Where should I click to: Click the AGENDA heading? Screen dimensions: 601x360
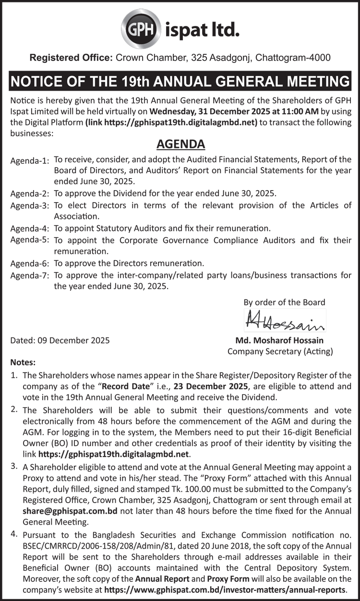180,144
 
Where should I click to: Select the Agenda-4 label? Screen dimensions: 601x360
30,228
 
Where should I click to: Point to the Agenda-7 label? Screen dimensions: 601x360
30,276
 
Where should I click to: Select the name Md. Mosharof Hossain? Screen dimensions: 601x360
279,340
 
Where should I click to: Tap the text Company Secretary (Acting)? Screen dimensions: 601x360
280,351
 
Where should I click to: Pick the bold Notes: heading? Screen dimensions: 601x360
23,363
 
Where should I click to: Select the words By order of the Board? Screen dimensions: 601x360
284,302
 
